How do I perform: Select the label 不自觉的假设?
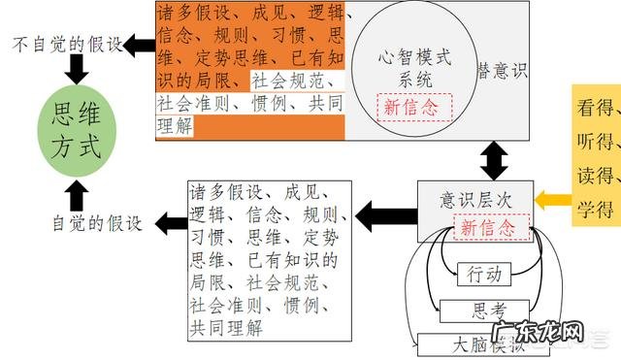[68, 45]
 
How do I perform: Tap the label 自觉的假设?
[97, 223]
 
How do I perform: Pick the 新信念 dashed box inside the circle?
[415, 108]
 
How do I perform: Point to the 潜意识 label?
[502, 71]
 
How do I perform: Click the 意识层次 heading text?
[475, 200]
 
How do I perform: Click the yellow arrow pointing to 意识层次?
[554, 200]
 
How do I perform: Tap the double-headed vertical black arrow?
[495, 158]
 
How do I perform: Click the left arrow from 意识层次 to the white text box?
[387, 209]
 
